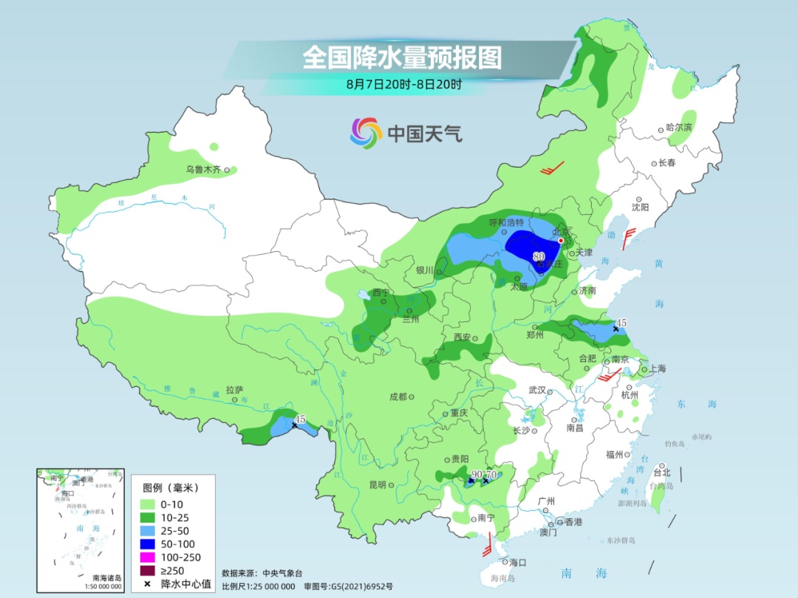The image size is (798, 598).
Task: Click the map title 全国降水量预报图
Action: (x=402, y=58)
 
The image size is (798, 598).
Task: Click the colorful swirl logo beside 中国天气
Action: (x=366, y=133)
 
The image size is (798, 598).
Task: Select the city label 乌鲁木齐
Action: (x=203, y=170)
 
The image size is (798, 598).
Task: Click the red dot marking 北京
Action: (x=561, y=241)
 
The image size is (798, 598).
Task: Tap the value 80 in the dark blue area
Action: (x=539, y=257)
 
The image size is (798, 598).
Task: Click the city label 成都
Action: (x=398, y=396)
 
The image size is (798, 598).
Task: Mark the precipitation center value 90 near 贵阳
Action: (x=477, y=474)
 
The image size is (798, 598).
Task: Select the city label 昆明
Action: (x=378, y=485)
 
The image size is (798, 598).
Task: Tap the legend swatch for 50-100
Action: (x=152, y=544)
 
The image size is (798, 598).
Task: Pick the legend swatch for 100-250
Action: (x=152, y=557)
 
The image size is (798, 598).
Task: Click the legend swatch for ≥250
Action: (x=152, y=571)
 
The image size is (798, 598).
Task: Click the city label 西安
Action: (x=462, y=337)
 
